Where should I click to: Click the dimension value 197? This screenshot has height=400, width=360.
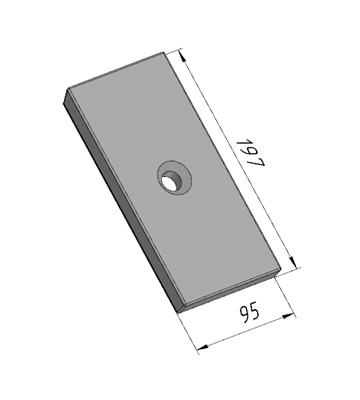[250, 153]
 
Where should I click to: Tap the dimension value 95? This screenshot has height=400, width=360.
[249, 314]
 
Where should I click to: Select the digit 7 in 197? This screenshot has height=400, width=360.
[257, 163]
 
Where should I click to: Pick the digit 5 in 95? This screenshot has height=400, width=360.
[254, 313]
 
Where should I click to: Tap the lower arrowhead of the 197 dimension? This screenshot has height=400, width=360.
[292, 261]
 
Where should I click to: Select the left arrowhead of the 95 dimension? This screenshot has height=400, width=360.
[203, 348]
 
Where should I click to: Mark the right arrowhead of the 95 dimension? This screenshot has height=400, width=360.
[288, 316]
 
